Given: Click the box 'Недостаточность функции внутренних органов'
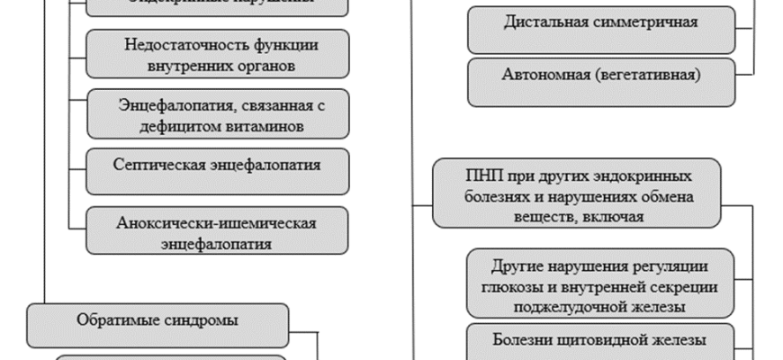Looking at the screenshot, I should point(217,54).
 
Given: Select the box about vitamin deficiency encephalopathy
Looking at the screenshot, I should point(217,115).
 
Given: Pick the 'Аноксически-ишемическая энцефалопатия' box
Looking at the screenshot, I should point(217,231).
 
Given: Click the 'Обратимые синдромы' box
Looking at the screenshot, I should point(157,319).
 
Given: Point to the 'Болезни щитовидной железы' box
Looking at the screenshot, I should point(600,340).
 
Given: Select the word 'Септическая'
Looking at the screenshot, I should point(159,166).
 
